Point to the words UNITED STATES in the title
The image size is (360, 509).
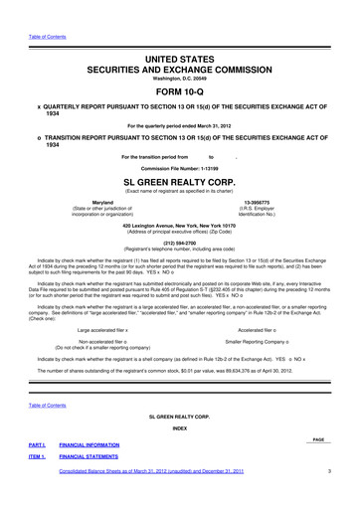[179, 60]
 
